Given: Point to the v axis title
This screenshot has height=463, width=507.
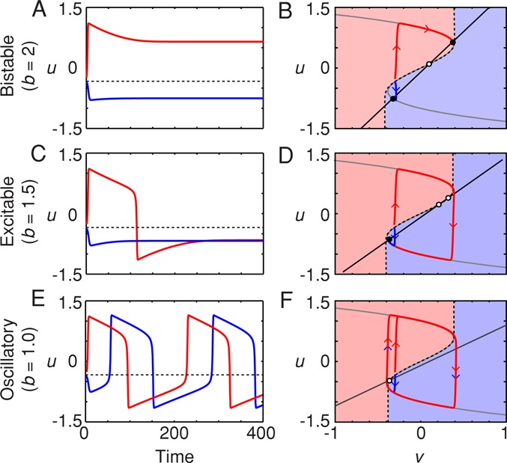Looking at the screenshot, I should (x=419, y=455).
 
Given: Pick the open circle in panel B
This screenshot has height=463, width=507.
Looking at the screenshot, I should (x=428, y=64).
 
